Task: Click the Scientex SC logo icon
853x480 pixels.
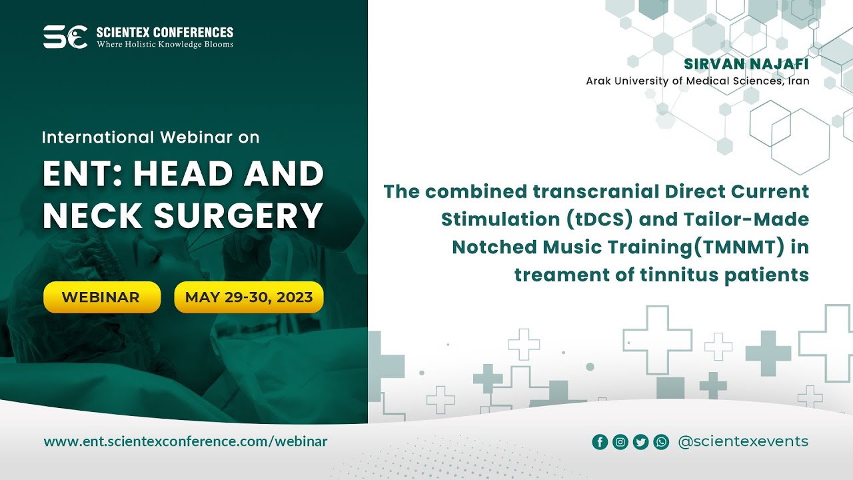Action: [x=65, y=37]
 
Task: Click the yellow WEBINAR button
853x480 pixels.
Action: [x=102, y=297]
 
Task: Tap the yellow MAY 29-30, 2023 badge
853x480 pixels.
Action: [x=249, y=297]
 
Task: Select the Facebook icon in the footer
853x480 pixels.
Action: [x=600, y=442]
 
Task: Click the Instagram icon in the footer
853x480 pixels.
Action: [x=620, y=442]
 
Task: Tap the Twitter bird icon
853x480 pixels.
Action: [x=640, y=442]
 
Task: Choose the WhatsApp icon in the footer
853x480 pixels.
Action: [x=661, y=442]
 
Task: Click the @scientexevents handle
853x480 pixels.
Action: [x=742, y=441]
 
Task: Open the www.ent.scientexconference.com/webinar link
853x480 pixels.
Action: [x=185, y=441]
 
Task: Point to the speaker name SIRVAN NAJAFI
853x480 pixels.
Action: [x=746, y=65]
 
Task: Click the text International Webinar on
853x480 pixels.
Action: [x=151, y=137]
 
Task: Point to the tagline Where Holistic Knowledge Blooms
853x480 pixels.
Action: [x=165, y=45]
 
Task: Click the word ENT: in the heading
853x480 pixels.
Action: [x=83, y=175]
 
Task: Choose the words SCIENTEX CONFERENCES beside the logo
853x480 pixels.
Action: [x=165, y=32]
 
